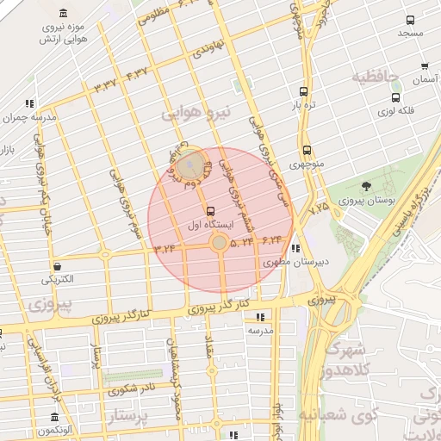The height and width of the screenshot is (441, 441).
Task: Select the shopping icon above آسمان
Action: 425,65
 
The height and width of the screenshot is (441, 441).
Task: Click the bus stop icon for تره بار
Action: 303,91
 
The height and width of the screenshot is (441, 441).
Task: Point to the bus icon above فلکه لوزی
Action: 395,97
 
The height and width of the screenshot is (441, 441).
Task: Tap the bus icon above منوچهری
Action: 307,150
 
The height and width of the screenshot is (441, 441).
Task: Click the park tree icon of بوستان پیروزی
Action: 367,185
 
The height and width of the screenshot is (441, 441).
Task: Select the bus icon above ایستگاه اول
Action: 210,210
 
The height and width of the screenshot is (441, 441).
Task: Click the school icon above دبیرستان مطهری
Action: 296,249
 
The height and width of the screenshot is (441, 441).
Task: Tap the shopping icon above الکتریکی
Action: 57,266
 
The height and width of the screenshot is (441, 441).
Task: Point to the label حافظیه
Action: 376,78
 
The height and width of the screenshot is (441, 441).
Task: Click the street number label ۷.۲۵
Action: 318,208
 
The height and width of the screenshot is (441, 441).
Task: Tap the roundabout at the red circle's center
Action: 220,245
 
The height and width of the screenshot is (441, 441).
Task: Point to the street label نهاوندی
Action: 208,47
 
